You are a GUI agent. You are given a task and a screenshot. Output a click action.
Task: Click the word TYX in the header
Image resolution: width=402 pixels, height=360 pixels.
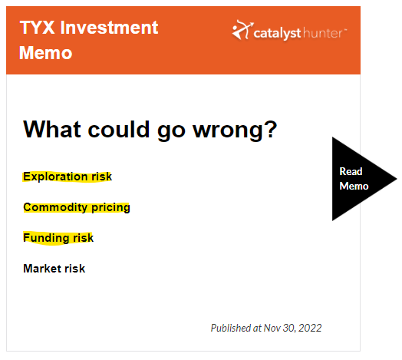click(x=37, y=27)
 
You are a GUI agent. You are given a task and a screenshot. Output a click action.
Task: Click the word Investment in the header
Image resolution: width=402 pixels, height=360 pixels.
click(x=110, y=27)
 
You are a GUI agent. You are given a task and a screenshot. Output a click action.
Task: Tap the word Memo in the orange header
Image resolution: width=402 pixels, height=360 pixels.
click(x=45, y=53)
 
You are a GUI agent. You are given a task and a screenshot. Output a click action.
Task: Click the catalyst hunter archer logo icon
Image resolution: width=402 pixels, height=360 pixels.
click(x=242, y=30)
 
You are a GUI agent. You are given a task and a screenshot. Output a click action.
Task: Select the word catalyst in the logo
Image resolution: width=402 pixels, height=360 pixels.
click(x=277, y=34)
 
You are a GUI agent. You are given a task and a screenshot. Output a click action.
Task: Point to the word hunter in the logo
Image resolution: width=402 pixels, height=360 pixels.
click(x=322, y=33)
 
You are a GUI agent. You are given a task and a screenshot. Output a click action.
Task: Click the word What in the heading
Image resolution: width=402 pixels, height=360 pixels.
click(x=52, y=129)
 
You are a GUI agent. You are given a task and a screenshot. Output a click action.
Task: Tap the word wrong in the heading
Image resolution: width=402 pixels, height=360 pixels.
click(x=228, y=130)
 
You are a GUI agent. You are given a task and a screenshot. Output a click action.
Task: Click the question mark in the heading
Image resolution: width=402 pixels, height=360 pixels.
click(x=270, y=129)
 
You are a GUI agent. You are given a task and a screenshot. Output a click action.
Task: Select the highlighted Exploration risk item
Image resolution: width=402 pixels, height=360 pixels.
click(x=68, y=177)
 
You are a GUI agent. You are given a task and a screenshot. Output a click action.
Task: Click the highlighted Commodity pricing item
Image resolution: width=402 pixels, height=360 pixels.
click(x=77, y=207)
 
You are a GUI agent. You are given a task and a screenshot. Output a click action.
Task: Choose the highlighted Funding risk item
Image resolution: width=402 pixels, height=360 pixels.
click(x=58, y=238)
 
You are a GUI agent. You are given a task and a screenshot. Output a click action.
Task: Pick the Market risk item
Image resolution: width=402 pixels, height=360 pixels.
click(x=54, y=269)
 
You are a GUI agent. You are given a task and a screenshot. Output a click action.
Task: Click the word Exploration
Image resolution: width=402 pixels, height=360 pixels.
click(x=55, y=177)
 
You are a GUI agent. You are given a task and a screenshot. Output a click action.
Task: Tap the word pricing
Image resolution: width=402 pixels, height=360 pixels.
click(x=110, y=208)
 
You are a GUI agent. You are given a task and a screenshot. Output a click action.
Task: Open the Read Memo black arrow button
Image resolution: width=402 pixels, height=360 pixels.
click(x=359, y=179)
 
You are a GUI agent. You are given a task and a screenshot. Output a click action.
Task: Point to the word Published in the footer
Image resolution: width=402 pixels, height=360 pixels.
click(x=231, y=329)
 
